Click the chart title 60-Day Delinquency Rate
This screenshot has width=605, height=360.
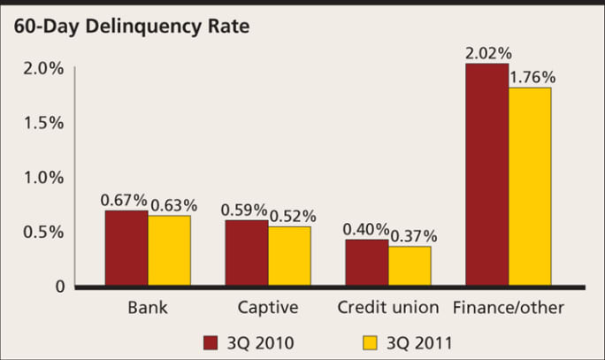pyautogui.click(x=131, y=26)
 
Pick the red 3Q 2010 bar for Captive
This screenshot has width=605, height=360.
pyautogui.click(x=247, y=253)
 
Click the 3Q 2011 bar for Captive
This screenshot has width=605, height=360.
pyautogui.click(x=289, y=256)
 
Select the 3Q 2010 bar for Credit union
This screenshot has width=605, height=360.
pyautogui.click(x=367, y=263)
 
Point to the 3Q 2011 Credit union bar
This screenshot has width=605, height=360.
pyautogui.click(x=410, y=265)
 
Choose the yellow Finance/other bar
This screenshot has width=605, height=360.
pyautogui.click(x=530, y=187)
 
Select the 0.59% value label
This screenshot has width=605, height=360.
pyautogui.click(x=245, y=210)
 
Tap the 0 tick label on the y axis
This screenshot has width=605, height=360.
pyautogui.click(x=58, y=287)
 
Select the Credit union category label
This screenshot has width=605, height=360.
pyautogui.click(x=388, y=308)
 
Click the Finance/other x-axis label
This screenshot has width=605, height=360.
pyautogui.click(x=508, y=308)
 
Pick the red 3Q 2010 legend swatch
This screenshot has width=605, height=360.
pyautogui.click(x=211, y=341)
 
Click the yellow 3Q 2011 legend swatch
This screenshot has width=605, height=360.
pyautogui.click(x=371, y=341)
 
